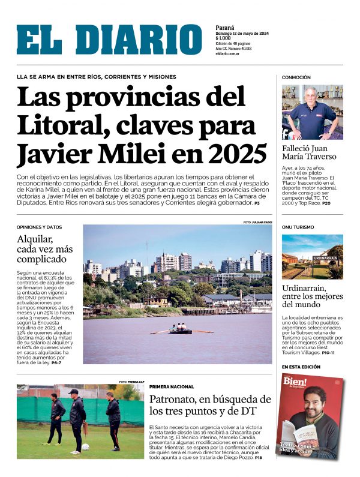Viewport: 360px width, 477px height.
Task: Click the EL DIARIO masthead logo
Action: [109, 40]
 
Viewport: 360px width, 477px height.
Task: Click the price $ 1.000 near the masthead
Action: [225, 39]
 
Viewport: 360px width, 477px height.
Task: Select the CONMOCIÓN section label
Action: [296, 77]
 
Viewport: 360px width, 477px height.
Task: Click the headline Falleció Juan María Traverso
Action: [309, 152]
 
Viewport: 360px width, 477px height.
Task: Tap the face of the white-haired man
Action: [310, 96]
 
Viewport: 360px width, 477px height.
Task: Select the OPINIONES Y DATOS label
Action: [40, 227]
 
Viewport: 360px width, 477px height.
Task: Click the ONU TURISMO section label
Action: [298, 227]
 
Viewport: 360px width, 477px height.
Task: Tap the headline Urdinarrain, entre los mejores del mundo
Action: [312, 296]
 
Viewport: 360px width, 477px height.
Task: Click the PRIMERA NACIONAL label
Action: [172, 387]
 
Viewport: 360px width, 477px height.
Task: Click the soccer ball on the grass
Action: [86, 446]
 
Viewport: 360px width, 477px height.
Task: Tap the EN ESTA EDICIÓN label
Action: [301, 367]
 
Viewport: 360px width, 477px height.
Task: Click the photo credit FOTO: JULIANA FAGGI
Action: [257, 223]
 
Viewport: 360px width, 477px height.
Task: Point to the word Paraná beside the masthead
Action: [224, 28]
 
